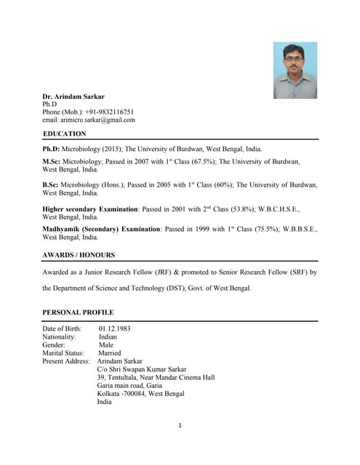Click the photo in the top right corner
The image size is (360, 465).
tap(295, 70)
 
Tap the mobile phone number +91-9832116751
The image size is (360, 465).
tap(109, 112)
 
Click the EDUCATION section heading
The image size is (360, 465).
tap(64, 134)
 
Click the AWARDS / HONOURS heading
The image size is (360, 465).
tap(79, 255)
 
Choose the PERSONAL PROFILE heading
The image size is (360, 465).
tap(78, 312)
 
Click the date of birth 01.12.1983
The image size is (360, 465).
tap(114, 328)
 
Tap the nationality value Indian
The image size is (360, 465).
tap(108, 337)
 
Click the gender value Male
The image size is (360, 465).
tap(106, 345)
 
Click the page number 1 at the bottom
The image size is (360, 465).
tap(180, 425)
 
